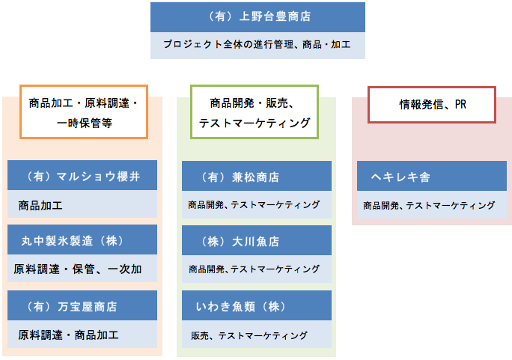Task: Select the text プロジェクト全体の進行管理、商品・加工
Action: pos(257,44)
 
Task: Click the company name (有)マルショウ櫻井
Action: pos(82,177)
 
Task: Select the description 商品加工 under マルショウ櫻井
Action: pos(40,206)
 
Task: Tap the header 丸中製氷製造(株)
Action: pos(73,241)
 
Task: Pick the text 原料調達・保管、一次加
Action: pos(78,269)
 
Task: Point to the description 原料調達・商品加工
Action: pos(68,335)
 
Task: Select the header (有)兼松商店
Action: pos(239,177)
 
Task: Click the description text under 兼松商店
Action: pos(254,205)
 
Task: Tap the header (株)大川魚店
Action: pos(239,242)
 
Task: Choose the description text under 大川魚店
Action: pos(254,269)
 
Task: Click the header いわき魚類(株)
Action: pos(242,307)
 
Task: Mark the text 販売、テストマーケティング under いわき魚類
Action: pos(249,335)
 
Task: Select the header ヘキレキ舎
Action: pos(400,177)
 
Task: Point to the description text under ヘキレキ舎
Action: pos(429,206)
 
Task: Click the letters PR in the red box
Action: pos(460,105)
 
